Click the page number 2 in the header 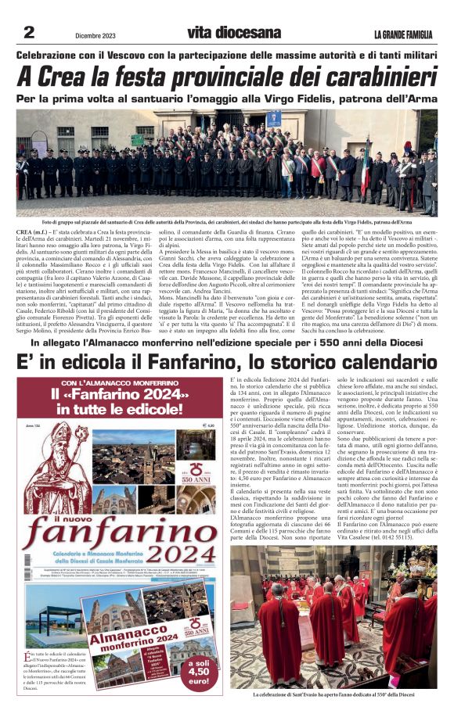[30, 32]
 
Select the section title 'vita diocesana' [233, 33]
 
